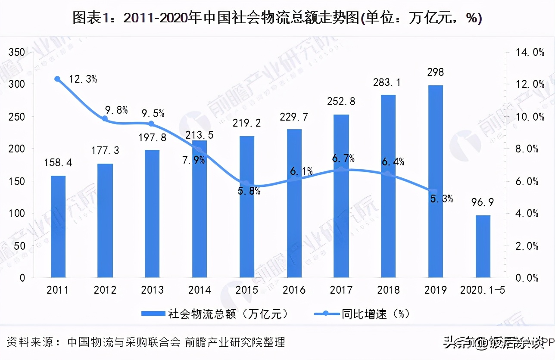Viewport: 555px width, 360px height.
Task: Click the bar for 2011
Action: tap(58, 227)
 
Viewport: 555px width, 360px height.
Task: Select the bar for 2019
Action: tap(436, 181)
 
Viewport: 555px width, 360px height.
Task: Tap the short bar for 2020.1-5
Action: tap(483, 246)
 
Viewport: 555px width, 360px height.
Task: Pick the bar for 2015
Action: tap(247, 207)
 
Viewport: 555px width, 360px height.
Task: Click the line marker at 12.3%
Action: tap(57, 79)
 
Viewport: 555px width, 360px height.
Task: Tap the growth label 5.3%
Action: tap(440, 199)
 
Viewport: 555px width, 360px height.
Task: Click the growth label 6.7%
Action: tap(343, 158)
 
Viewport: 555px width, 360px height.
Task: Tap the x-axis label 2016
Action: tap(294, 290)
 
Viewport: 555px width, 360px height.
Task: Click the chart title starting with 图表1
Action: tap(277, 18)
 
